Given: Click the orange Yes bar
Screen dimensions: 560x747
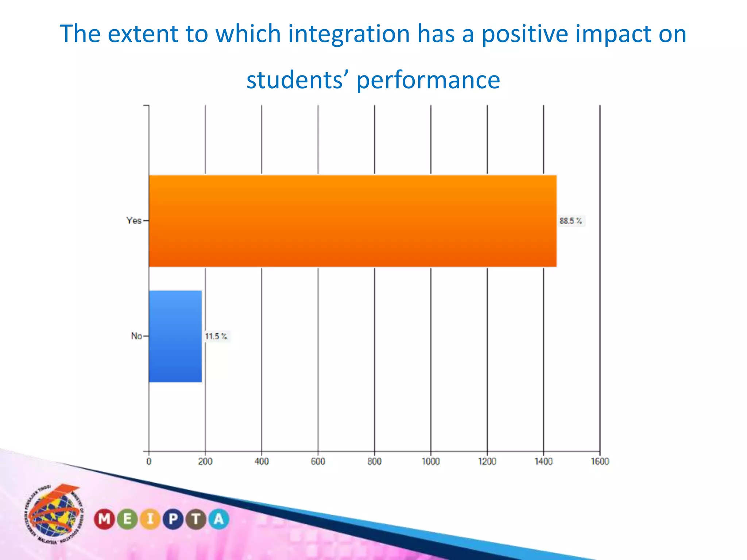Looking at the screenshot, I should (352, 221).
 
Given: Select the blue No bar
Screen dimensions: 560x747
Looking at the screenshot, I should (175, 336).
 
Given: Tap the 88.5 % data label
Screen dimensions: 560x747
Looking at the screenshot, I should (571, 221).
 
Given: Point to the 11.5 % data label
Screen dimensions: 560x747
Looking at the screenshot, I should (216, 336).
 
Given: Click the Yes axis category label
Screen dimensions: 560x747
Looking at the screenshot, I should (134, 221).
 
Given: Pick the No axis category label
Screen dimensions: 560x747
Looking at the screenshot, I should (136, 336).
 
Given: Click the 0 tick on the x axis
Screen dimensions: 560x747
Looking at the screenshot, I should (149, 462).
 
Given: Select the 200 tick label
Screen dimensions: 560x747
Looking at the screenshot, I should (205, 462).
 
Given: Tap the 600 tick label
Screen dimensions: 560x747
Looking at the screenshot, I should (318, 462).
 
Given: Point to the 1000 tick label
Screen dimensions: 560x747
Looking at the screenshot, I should (431, 462).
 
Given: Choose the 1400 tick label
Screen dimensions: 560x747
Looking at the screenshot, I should (543, 462).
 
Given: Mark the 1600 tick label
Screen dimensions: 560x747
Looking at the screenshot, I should (600, 462).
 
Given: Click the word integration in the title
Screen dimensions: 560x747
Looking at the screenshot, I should (349, 34).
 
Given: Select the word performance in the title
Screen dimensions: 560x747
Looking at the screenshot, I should (428, 80).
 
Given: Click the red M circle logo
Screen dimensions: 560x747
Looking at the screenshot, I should (104, 519).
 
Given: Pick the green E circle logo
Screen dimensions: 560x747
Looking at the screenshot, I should (127, 519).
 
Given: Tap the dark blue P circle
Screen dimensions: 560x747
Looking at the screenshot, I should (173, 519).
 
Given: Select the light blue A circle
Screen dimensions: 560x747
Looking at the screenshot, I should (219, 519).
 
